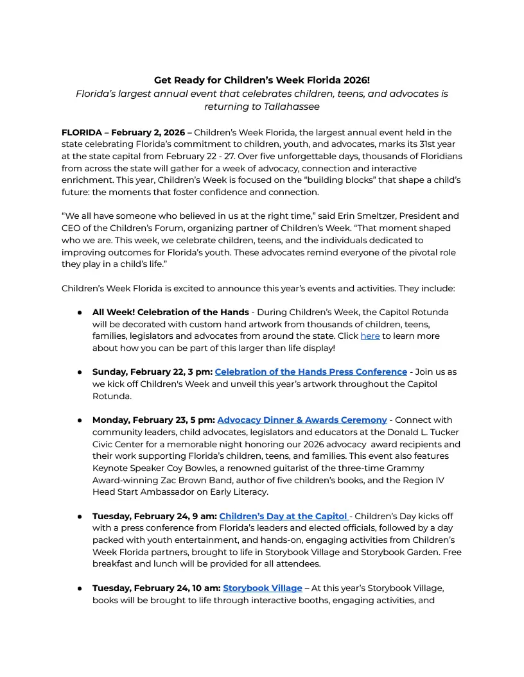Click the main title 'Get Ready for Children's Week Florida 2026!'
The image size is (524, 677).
click(261, 80)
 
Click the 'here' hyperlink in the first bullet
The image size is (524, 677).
click(370, 336)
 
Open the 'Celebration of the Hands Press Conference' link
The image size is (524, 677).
click(311, 372)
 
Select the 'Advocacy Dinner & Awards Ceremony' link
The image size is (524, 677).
click(302, 420)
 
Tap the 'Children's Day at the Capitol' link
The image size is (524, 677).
click(283, 517)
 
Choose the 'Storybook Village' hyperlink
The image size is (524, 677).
click(262, 588)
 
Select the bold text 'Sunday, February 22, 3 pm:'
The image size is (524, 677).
click(152, 372)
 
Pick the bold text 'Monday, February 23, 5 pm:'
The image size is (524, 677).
click(153, 420)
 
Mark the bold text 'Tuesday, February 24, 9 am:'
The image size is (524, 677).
click(154, 517)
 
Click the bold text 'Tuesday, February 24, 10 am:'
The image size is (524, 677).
click(156, 588)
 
